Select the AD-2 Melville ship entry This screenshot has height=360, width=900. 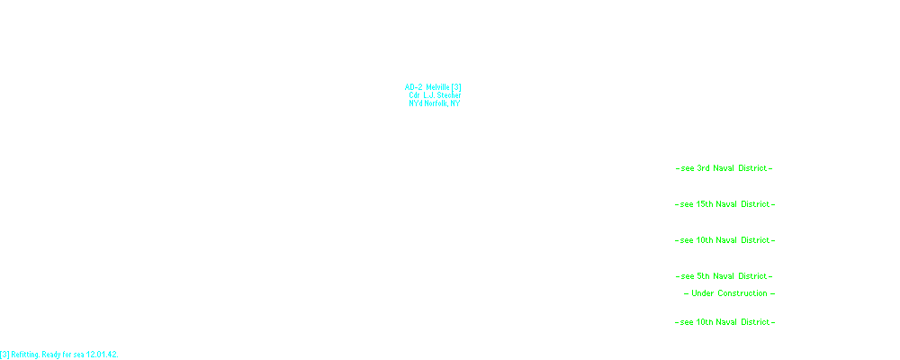tap(433, 87)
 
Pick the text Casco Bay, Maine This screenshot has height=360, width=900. tap(436, 76)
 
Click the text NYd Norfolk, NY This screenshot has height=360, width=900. tap(435, 103)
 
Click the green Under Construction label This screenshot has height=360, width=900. tap(729, 293)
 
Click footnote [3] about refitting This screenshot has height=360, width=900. tap(59, 355)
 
